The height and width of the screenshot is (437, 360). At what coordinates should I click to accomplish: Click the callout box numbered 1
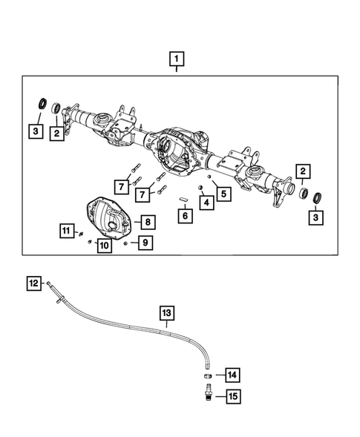(x=176, y=59)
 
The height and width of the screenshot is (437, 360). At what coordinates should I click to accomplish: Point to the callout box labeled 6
(x=186, y=215)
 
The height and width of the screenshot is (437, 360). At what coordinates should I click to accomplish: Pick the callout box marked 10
(x=104, y=245)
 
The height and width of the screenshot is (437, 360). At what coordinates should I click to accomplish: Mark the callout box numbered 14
(x=232, y=375)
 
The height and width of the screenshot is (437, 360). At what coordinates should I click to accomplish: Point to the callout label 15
(x=232, y=397)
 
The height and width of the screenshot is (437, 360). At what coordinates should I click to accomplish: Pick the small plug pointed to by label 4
(x=200, y=188)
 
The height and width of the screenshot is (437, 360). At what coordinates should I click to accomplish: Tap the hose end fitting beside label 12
(x=49, y=284)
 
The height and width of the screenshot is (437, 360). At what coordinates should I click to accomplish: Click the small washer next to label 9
(x=127, y=243)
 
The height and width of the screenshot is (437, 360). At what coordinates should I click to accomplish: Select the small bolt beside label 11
(x=79, y=235)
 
